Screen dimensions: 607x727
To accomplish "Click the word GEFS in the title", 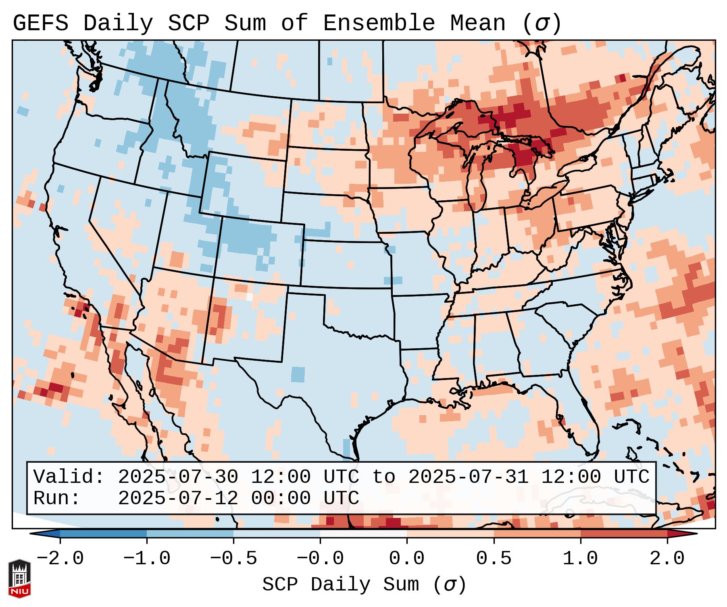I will [40, 23].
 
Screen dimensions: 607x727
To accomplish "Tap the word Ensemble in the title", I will [379, 23].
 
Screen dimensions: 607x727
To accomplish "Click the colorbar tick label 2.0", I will [667, 559].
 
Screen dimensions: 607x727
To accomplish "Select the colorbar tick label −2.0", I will [60, 559].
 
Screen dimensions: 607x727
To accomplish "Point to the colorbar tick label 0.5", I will [494, 559].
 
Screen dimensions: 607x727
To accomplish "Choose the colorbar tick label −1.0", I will [147, 559].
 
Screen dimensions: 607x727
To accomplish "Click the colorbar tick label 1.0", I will [581, 559].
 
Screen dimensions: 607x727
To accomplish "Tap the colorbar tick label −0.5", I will [233, 559].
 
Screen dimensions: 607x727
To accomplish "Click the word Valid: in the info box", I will [69, 477].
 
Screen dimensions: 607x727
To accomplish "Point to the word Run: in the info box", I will [56, 498].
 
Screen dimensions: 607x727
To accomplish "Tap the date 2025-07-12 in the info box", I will [177, 498].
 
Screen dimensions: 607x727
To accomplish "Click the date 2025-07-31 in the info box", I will [468, 477].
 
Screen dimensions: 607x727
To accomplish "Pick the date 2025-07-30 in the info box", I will [177, 477].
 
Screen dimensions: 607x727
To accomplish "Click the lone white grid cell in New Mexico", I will [249, 297].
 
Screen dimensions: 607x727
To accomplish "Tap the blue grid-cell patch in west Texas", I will [298, 374].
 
